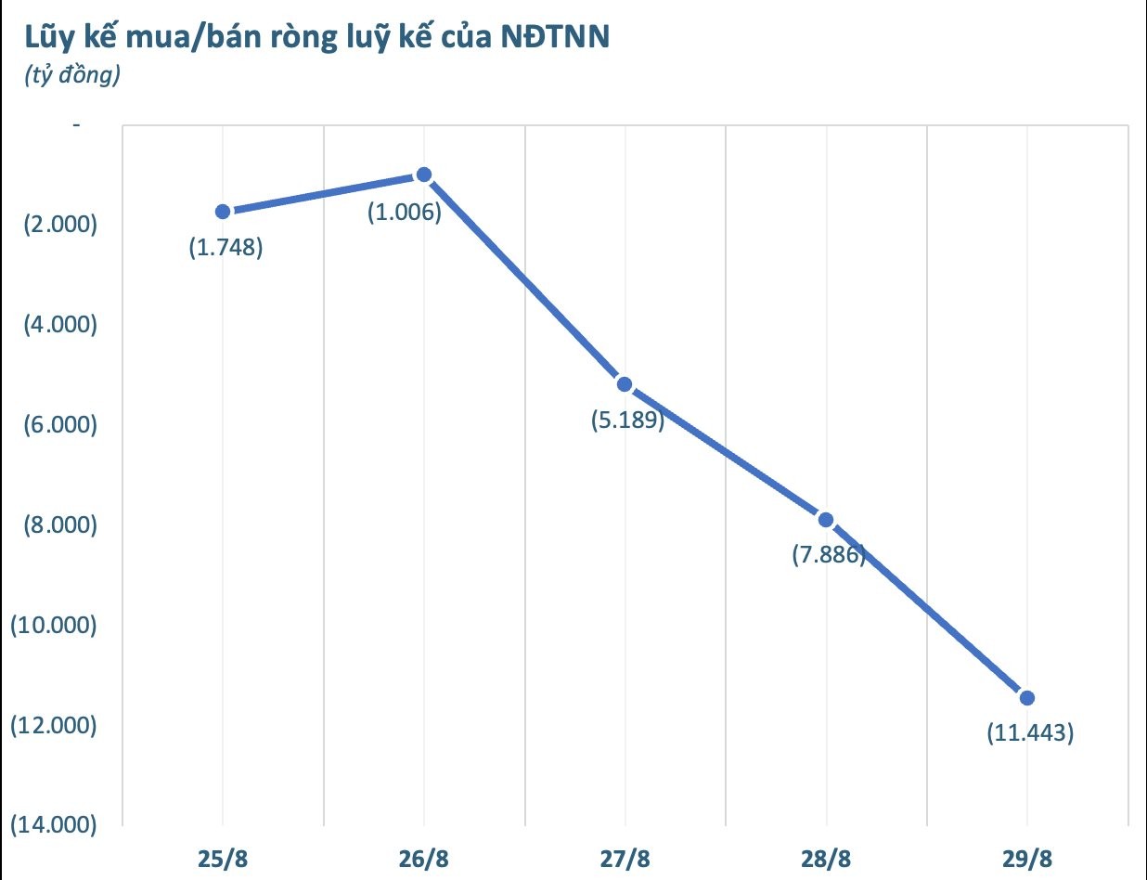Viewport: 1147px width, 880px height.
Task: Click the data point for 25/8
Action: (223, 212)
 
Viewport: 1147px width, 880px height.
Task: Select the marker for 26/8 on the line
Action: (424, 175)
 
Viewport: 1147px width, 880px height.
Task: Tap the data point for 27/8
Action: (625, 384)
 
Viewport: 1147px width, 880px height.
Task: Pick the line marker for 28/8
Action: (826, 520)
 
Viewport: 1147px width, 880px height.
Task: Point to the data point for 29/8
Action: (1026, 698)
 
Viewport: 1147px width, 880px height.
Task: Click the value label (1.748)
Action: (226, 248)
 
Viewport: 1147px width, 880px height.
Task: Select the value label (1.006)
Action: (404, 212)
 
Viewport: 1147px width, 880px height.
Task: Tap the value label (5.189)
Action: (628, 421)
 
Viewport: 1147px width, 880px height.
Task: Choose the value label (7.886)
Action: (829, 556)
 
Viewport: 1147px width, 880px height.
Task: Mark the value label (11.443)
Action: (1030, 733)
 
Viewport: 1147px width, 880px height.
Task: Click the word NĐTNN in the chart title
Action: (554, 39)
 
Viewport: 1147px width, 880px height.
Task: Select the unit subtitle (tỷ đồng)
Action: (71, 76)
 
